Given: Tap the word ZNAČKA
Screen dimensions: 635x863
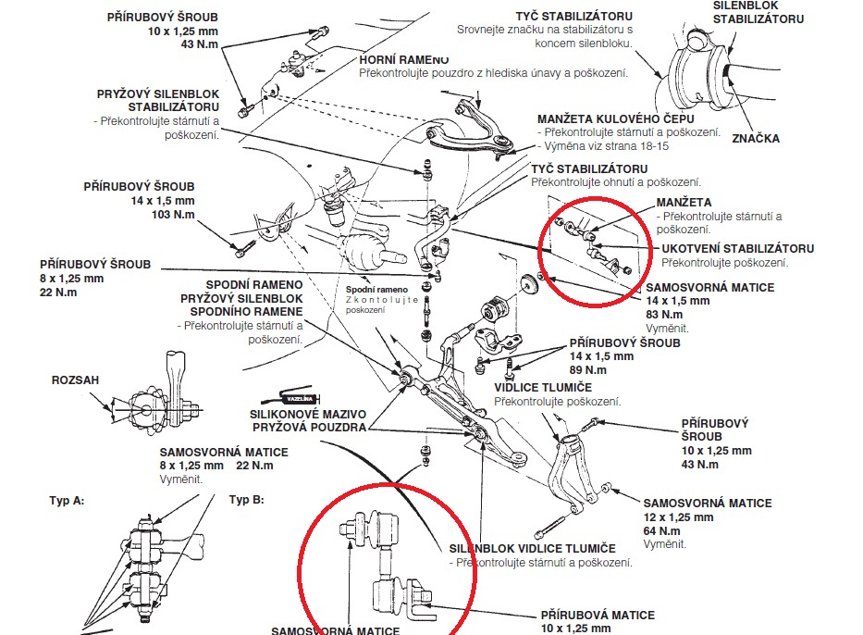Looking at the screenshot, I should pos(755,139).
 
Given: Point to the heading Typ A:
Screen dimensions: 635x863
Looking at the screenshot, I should pos(67,500).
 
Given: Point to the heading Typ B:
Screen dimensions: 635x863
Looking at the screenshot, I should pos(246,500).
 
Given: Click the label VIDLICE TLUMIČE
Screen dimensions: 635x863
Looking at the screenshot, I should pos(543,387).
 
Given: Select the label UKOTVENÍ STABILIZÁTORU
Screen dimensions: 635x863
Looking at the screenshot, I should pos(737,249).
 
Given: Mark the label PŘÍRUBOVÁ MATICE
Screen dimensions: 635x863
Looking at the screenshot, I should pos(598,615).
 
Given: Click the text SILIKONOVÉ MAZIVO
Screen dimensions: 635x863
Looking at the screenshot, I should pos(307,415).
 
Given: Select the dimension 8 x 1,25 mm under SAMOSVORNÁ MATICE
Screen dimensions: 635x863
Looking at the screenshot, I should pos(191,465).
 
